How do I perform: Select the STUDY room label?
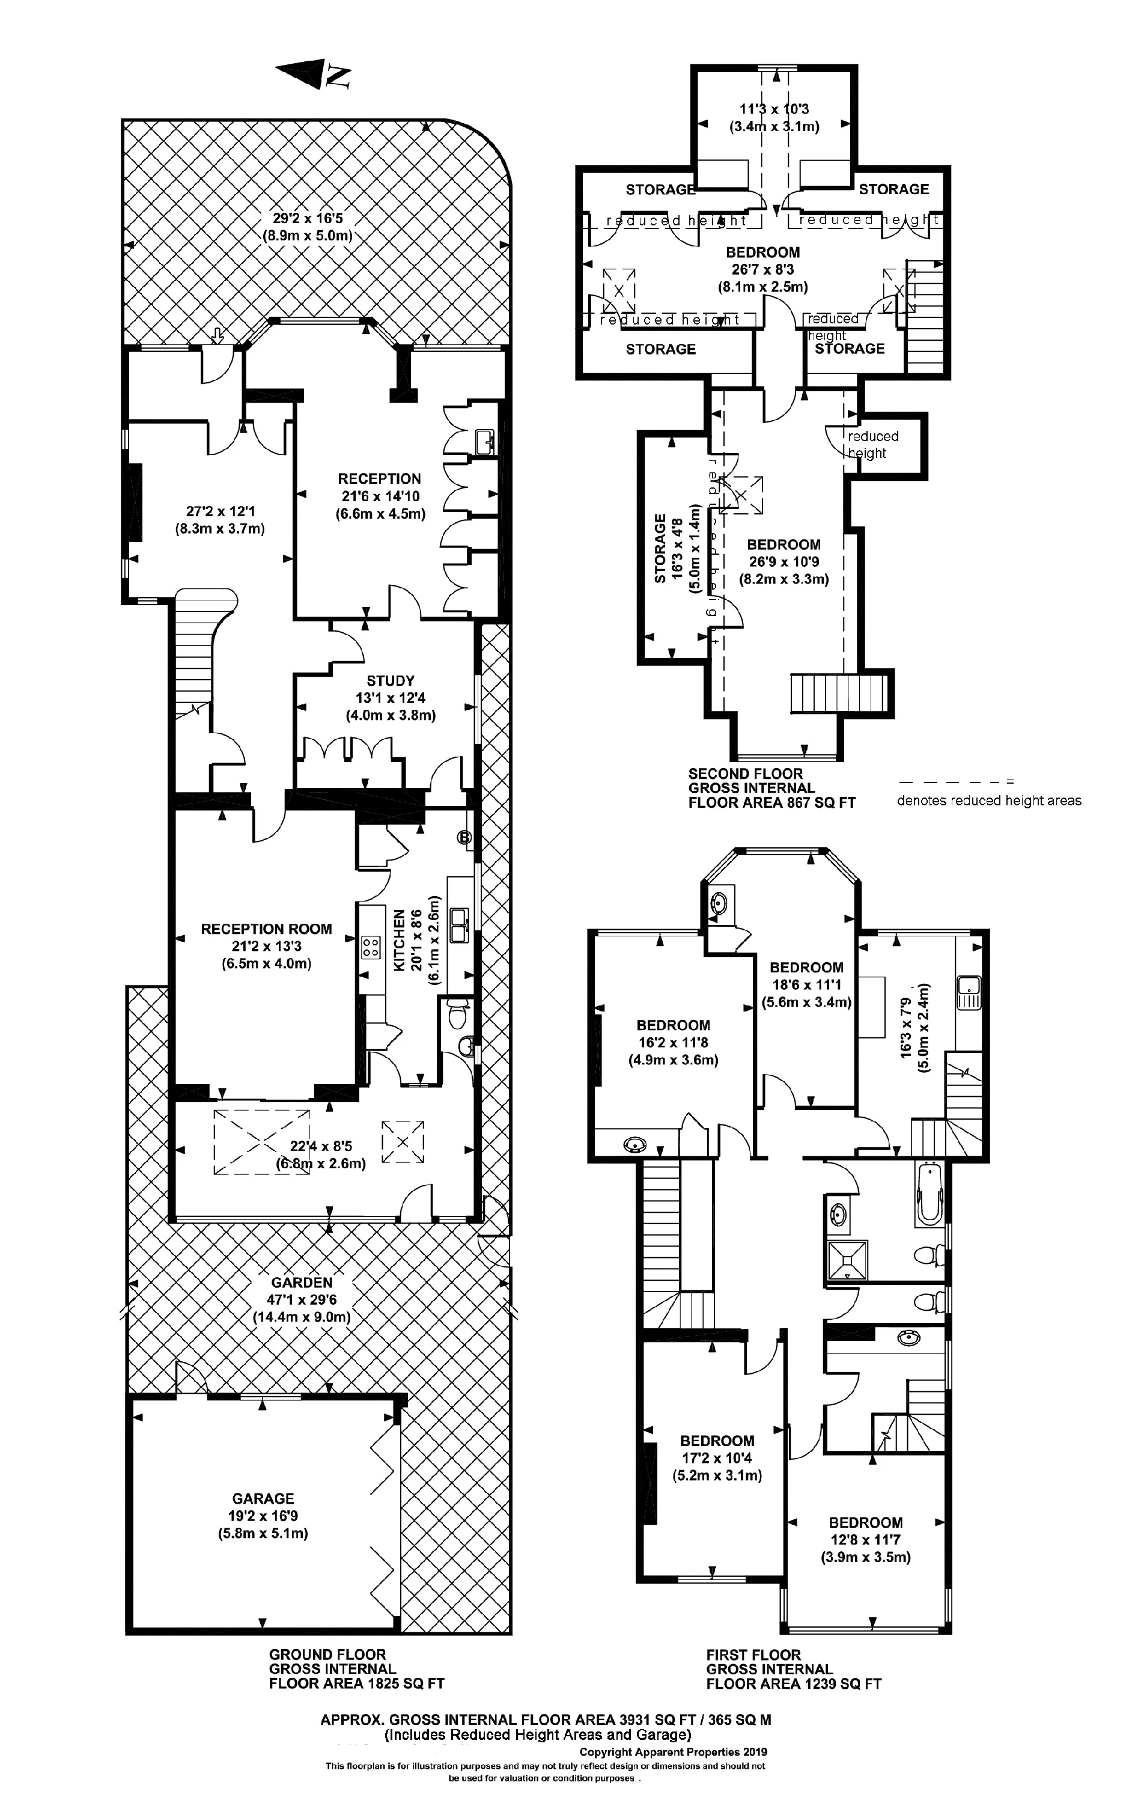tap(390, 680)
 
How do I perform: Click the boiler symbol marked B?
tap(464, 837)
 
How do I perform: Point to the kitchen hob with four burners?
tap(370, 947)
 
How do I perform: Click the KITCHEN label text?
tap(400, 941)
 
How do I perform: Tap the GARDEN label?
tap(302, 1283)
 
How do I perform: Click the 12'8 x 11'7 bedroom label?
tap(865, 1531)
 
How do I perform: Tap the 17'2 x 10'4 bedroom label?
tap(716, 1450)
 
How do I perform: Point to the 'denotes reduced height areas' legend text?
tap(989, 801)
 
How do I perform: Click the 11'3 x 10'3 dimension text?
tap(774, 109)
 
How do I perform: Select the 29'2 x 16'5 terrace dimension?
tap(307, 219)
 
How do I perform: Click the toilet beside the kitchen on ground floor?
tap(456, 1017)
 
